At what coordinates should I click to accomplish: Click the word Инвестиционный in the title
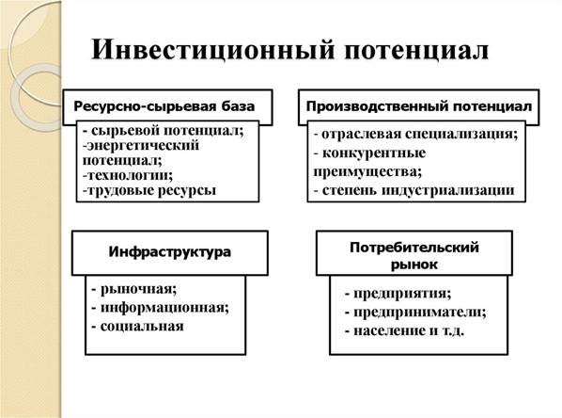213,49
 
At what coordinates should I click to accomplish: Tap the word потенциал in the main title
416,51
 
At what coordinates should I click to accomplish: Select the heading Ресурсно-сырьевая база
164,106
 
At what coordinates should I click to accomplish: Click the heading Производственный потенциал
419,106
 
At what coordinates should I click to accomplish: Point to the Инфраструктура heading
169,251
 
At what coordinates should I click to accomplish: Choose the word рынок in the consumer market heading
414,265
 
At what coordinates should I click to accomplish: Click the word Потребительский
414,248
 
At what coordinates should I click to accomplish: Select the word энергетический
143,146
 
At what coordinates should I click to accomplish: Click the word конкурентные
374,153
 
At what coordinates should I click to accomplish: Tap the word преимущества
367,171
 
